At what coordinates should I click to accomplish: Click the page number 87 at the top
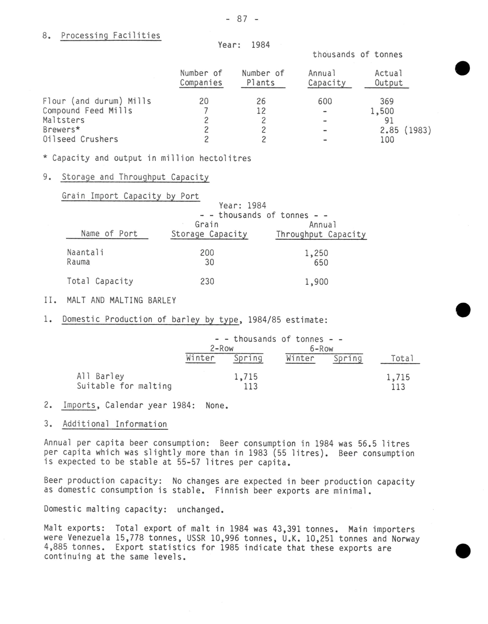coord(242,19)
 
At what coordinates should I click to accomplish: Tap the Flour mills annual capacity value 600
coord(325,101)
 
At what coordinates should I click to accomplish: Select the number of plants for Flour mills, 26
coord(261,101)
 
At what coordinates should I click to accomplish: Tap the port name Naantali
coord(85,252)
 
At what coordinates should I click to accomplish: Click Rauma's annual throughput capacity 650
coord(321,263)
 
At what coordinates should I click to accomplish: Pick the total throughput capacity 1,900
coord(316,282)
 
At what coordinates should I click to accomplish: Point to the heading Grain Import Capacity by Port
coord(130,196)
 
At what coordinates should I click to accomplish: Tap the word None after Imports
coord(217,405)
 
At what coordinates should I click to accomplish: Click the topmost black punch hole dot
coord(463,68)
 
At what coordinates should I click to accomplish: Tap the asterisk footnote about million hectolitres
coord(147,158)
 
